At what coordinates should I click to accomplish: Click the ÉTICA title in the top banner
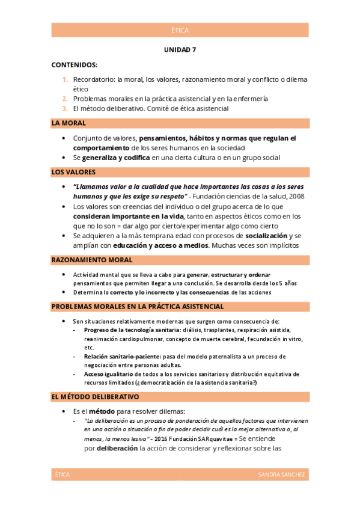click(x=180, y=30)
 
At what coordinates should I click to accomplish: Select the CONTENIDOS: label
click(x=75, y=64)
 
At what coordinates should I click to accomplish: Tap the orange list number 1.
click(x=65, y=79)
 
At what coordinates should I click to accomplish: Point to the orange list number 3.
click(x=65, y=108)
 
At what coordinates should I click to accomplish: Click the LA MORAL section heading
click(x=69, y=123)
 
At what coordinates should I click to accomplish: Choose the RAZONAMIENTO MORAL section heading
click(x=92, y=260)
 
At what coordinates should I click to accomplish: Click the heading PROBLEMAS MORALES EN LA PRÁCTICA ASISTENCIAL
click(x=138, y=307)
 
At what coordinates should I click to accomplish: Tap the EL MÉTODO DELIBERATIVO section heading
click(x=96, y=397)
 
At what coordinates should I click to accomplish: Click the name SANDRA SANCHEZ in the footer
click(x=282, y=475)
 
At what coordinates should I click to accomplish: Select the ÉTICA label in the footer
click(x=62, y=475)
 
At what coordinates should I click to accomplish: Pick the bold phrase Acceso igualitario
click(x=109, y=373)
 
